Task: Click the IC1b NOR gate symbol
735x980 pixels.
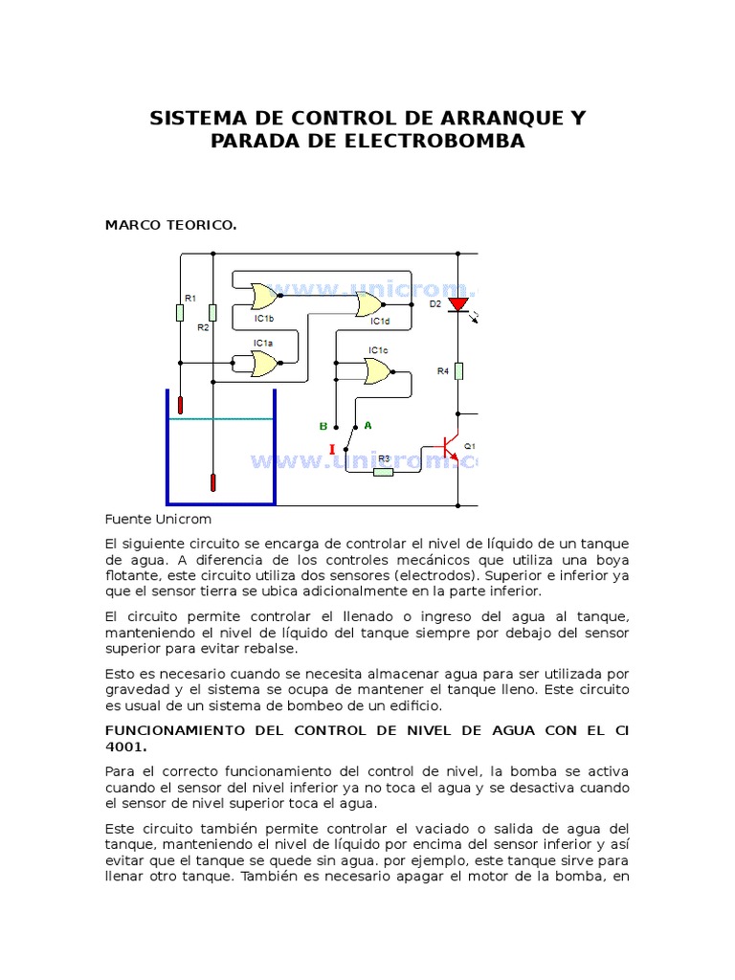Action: [x=263, y=296]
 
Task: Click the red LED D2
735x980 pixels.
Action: [x=458, y=304]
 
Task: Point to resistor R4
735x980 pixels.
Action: [x=458, y=370]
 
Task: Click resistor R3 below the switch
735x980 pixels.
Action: [x=383, y=471]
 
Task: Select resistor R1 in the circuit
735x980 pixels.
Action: [x=180, y=312]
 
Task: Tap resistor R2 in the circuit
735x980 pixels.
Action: [x=212, y=312]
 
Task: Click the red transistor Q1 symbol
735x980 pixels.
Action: [x=450, y=448]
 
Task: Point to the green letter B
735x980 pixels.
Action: [x=323, y=426]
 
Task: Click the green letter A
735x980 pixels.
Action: [x=367, y=424]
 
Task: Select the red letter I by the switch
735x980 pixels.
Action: [x=332, y=450]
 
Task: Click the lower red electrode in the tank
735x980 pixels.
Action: [x=212, y=482]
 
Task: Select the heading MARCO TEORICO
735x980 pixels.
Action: [x=170, y=225]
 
